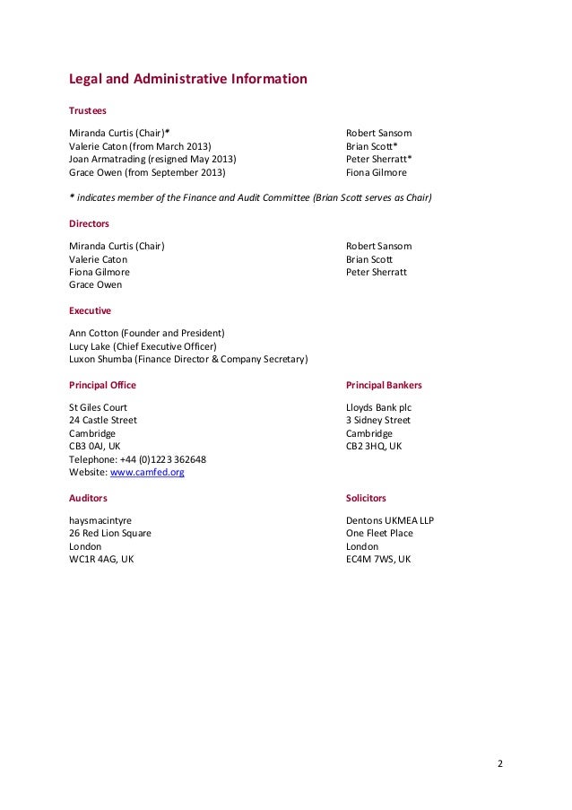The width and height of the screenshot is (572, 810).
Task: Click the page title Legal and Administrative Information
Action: pyautogui.click(x=188, y=79)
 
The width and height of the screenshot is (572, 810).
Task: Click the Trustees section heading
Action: pyautogui.click(x=88, y=110)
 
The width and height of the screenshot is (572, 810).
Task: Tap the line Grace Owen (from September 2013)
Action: pyautogui.click(x=148, y=173)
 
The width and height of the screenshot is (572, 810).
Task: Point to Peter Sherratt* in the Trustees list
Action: pyautogui.click(x=378, y=160)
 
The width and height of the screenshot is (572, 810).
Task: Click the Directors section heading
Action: pyautogui.click(x=89, y=223)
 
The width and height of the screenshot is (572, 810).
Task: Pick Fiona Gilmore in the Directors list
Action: pyautogui.click(x=100, y=272)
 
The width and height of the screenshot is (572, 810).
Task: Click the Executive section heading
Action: pyautogui.click(x=90, y=310)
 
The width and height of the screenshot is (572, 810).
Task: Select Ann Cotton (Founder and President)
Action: pyautogui.click(x=146, y=332)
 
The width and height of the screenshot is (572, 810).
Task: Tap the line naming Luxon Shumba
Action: pyautogui.click(x=188, y=360)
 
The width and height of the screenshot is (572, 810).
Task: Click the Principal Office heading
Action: pyautogui.click(x=102, y=385)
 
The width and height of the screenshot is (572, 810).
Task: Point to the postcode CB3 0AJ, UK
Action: pyautogui.click(x=95, y=445)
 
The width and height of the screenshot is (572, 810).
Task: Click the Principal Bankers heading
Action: pyautogui.click(x=384, y=385)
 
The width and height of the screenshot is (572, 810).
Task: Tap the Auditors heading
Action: pyautogui.click(x=88, y=497)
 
